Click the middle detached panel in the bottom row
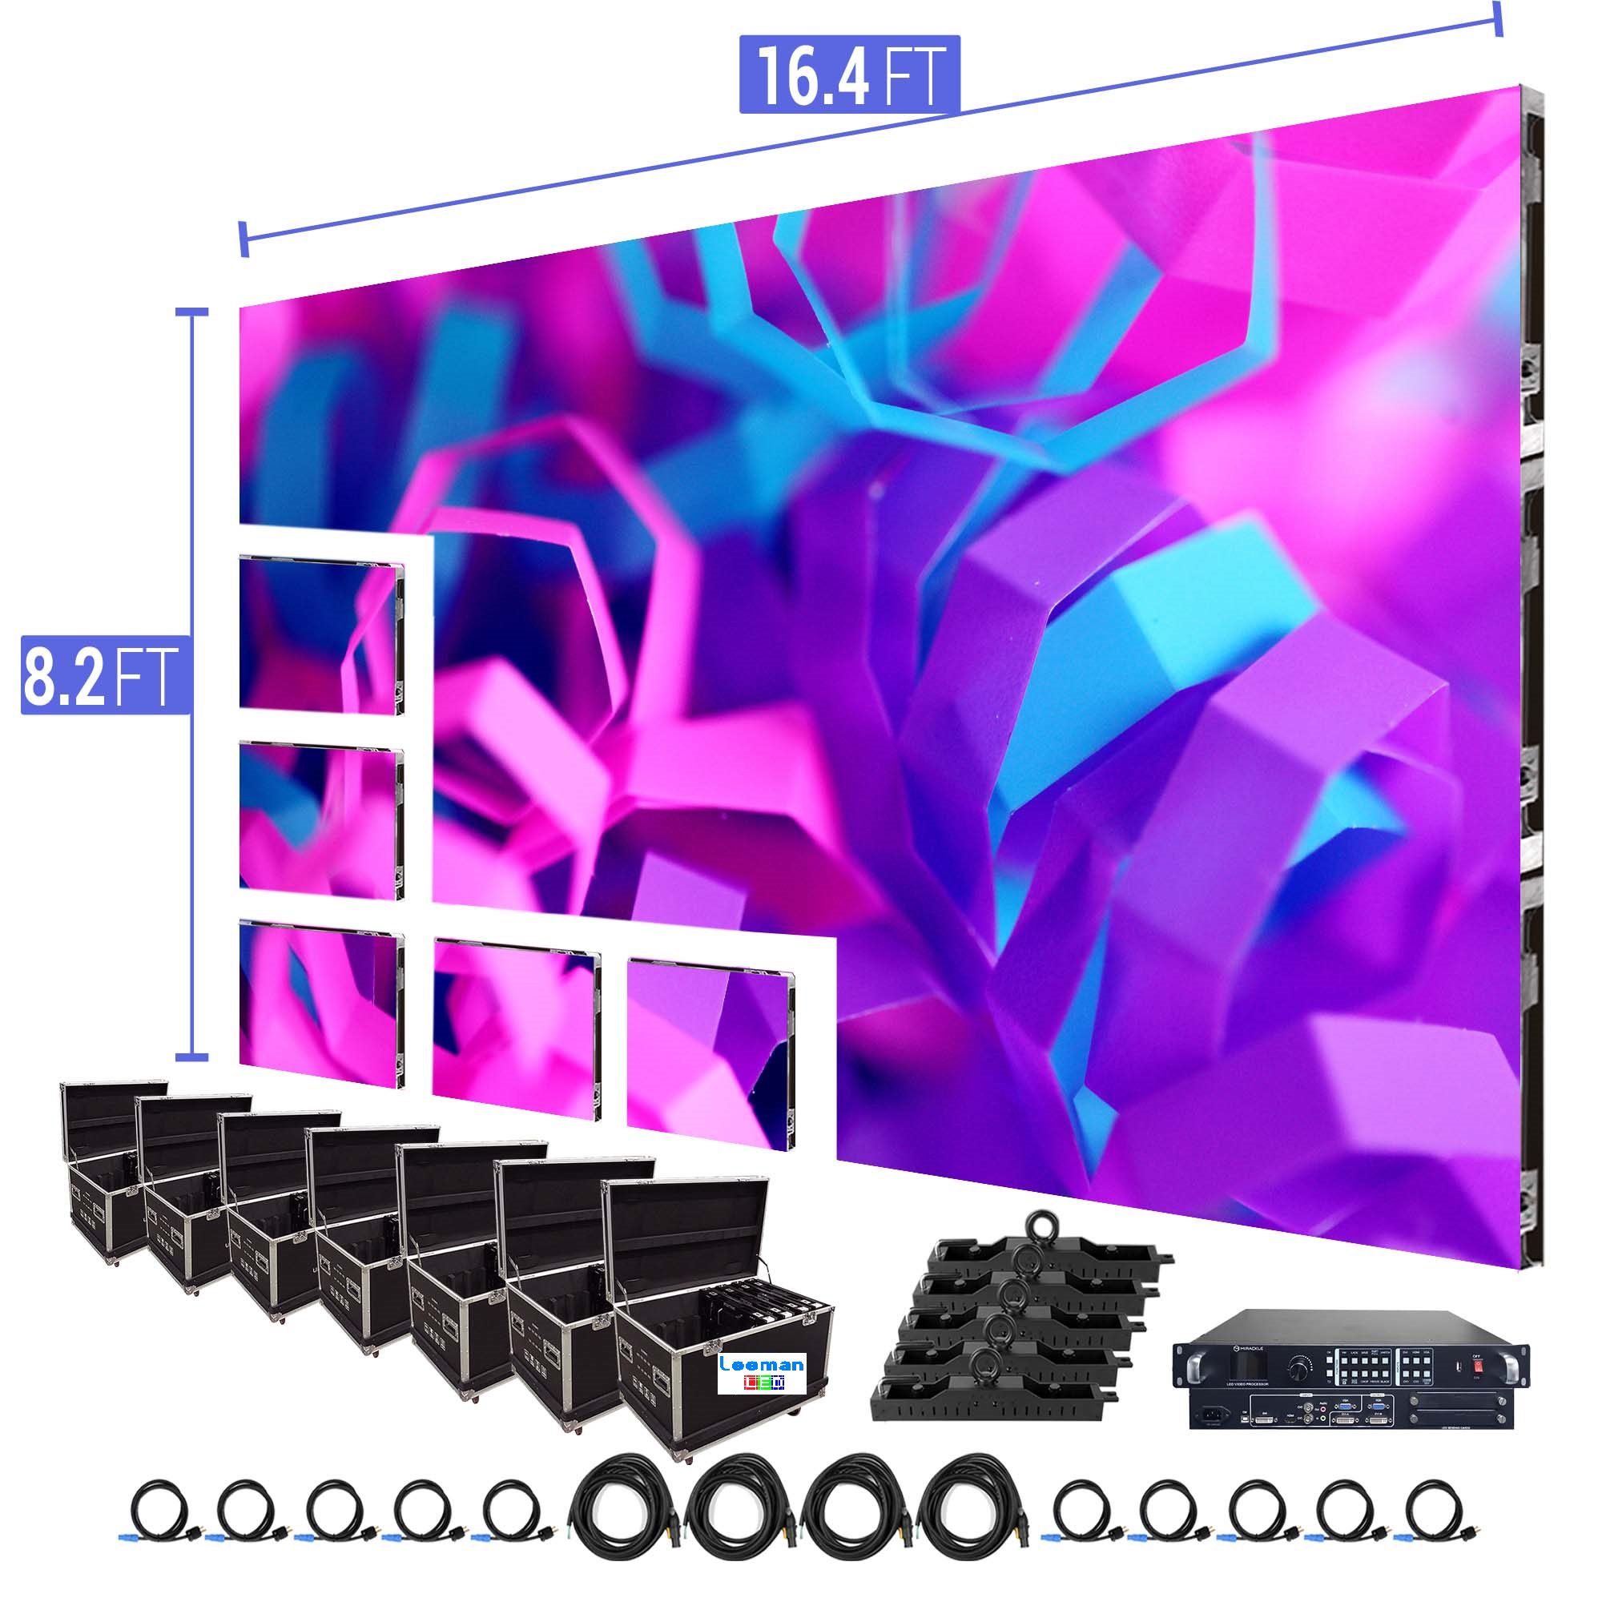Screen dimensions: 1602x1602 click(x=515, y=1028)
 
